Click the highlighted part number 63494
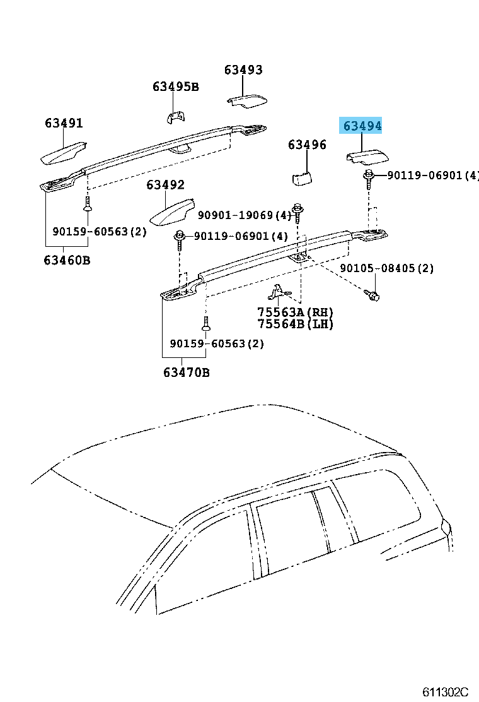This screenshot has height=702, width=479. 362,126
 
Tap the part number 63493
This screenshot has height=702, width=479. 243,70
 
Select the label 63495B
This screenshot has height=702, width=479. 176,86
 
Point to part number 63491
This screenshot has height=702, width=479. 64,122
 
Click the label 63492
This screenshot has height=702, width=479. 165,184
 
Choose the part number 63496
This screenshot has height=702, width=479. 307,145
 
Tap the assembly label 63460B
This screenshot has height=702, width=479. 67,259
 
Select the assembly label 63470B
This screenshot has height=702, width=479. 187,372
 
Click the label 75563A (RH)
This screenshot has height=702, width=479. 296,312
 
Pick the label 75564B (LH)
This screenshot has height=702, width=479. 296,324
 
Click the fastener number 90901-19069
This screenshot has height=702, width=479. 236,215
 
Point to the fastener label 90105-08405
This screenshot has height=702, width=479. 378,268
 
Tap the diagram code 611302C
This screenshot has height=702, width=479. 446,692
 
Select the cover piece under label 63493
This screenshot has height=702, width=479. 247,101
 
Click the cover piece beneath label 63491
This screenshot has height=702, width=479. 64,153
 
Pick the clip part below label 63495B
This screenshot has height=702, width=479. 176,117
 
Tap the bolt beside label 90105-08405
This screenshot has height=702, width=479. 372,295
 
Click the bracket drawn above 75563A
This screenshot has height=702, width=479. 279,292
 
